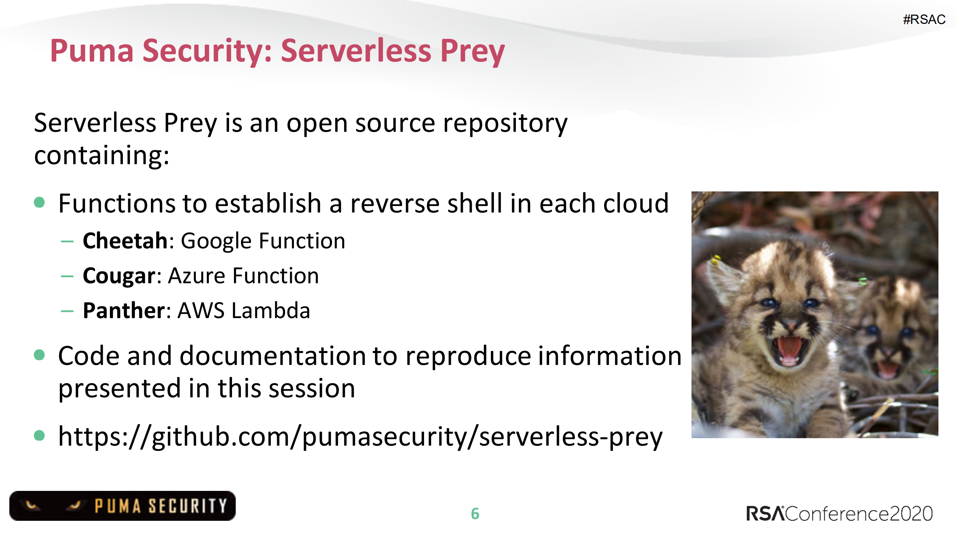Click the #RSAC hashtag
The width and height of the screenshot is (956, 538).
[x=924, y=19]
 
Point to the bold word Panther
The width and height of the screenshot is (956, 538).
[x=124, y=311]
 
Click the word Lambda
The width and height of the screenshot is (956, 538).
[x=271, y=311]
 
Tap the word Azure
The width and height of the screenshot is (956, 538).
[x=197, y=276]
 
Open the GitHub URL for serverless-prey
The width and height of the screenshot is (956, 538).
[x=360, y=437]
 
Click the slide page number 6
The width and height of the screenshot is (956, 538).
[x=475, y=514]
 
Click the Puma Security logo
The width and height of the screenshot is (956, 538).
[x=123, y=506]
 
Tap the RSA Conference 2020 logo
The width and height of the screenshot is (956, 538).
[x=839, y=514]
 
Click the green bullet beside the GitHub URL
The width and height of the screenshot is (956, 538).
[x=39, y=435]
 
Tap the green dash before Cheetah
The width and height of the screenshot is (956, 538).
[x=67, y=242]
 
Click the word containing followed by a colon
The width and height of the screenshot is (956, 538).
[x=101, y=155]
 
